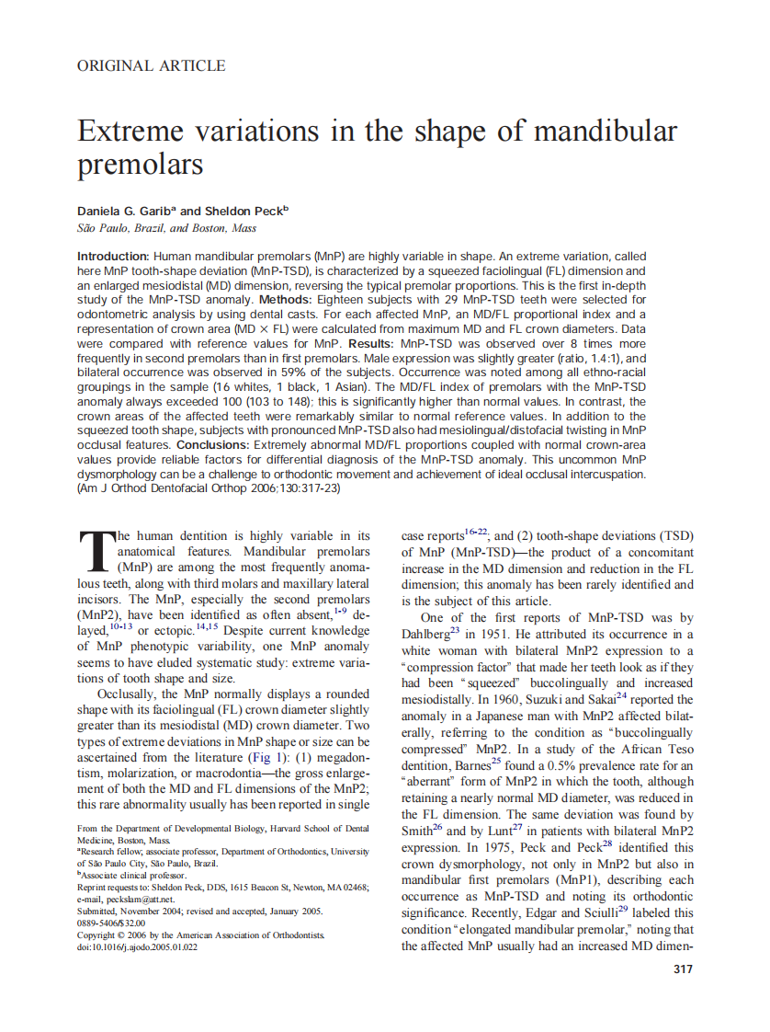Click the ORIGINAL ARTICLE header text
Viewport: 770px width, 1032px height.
click(x=151, y=65)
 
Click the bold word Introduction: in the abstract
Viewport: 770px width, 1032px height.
click(x=113, y=256)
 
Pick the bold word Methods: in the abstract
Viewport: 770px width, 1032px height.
click(x=290, y=300)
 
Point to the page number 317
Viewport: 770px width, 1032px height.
click(x=683, y=969)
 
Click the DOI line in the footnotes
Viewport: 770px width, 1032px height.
click(x=137, y=946)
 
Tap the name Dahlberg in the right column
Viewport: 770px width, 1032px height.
click(x=427, y=634)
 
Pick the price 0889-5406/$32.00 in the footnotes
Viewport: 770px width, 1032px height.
click(x=111, y=923)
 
